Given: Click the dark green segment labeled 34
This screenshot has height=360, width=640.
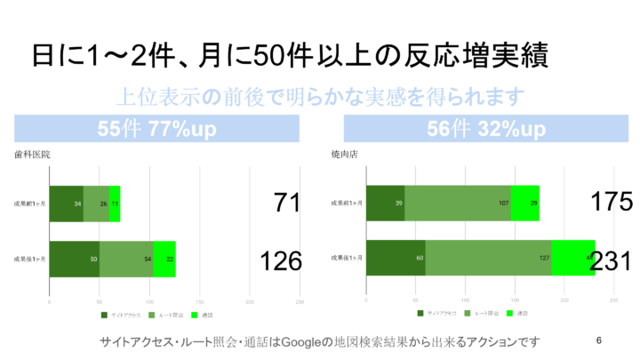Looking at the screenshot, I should coord(66,204).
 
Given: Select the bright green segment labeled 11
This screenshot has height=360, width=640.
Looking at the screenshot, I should coord(115,204).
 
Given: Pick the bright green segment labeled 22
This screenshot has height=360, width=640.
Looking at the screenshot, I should coord(164,259).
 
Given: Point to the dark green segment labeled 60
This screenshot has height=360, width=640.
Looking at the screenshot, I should coord(396,259).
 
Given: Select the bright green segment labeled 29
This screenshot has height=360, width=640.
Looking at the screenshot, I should coord(525,204).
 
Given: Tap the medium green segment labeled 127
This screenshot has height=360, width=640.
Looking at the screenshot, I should coord(488,259).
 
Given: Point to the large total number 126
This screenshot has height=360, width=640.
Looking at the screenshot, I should coord(280,260).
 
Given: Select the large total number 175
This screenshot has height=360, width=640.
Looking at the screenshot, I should coord(612,203).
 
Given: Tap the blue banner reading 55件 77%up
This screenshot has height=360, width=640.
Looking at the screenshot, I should coord(156,129).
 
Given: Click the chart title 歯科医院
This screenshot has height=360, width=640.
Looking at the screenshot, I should coord(32,154).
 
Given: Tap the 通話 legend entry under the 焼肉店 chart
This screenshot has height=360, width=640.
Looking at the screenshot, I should coord(518,313).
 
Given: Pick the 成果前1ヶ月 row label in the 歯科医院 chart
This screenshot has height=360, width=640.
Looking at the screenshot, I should coord(30,204).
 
